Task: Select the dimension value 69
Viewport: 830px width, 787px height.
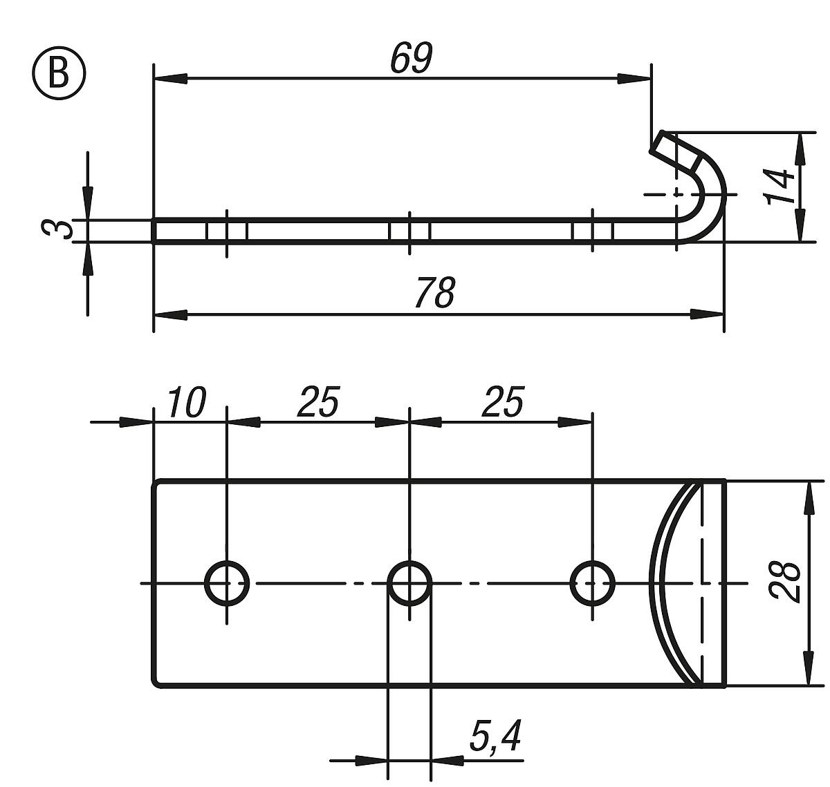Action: pyautogui.click(x=411, y=58)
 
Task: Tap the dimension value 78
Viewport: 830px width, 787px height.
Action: pyautogui.click(x=434, y=292)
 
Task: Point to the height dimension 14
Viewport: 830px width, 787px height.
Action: pyautogui.click(x=782, y=187)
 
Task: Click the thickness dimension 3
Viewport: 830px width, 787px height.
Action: pyautogui.click(x=57, y=229)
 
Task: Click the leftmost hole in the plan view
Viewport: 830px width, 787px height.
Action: pyautogui.click(x=227, y=583)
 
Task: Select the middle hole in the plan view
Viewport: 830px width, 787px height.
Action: pyautogui.click(x=409, y=583)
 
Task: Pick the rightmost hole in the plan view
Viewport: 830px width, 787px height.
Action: pyautogui.click(x=593, y=583)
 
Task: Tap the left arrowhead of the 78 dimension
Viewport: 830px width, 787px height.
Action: pyautogui.click(x=170, y=315)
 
